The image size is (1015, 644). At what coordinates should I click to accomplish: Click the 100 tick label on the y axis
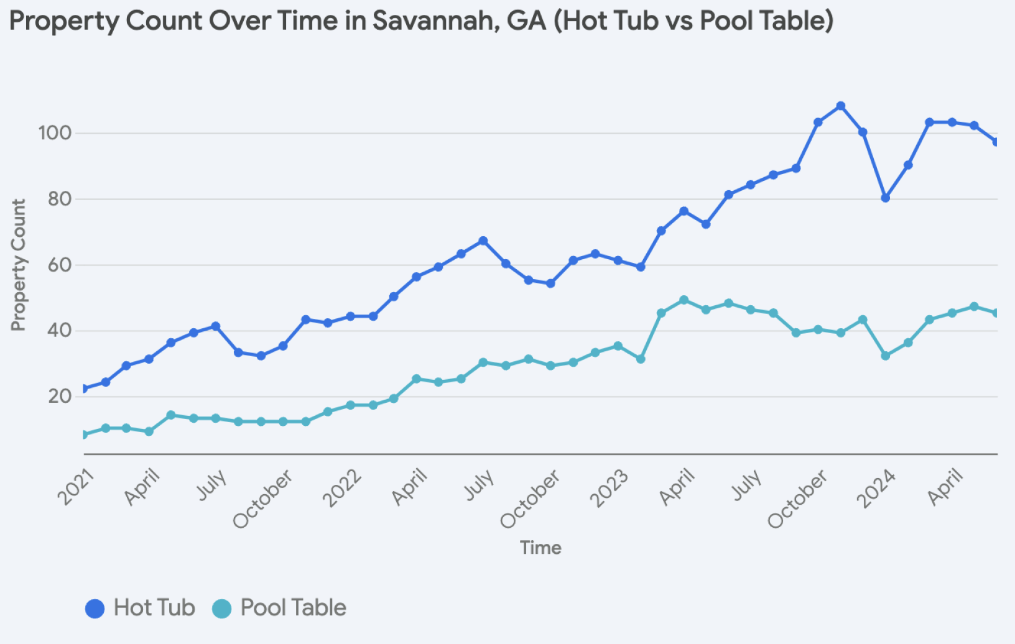(55, 133)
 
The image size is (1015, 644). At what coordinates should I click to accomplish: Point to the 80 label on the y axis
(59, 199)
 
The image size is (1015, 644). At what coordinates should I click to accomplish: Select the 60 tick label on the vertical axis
(59, 265)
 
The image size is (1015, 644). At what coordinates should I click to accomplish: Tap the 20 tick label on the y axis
(60, 396)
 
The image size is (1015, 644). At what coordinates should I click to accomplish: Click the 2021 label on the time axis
(76, 487)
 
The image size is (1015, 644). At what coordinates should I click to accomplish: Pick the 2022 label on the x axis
(342, 488)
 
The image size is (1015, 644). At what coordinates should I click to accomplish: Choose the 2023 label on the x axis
(609, 489)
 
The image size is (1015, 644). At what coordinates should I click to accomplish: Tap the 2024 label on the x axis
(876, 489)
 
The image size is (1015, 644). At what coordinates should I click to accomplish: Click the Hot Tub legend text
(154, 608)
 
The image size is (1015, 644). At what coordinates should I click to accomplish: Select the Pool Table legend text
(293, 608)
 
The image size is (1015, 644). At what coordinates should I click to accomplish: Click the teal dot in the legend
(221, 609)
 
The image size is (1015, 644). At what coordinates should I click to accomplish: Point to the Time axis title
(540, 548)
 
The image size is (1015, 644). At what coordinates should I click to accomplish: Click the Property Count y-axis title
(19, 265)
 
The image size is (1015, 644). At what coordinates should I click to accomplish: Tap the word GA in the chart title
(526, 21)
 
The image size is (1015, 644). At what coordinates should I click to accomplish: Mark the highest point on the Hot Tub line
(841, 106)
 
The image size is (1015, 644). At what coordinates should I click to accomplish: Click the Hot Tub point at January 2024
(886, 198)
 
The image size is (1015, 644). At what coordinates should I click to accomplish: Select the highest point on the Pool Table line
(684, 300)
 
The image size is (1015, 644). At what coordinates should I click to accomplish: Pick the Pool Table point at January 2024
(886, 356)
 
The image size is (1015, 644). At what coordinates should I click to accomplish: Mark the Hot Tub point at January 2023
(641, 267)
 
